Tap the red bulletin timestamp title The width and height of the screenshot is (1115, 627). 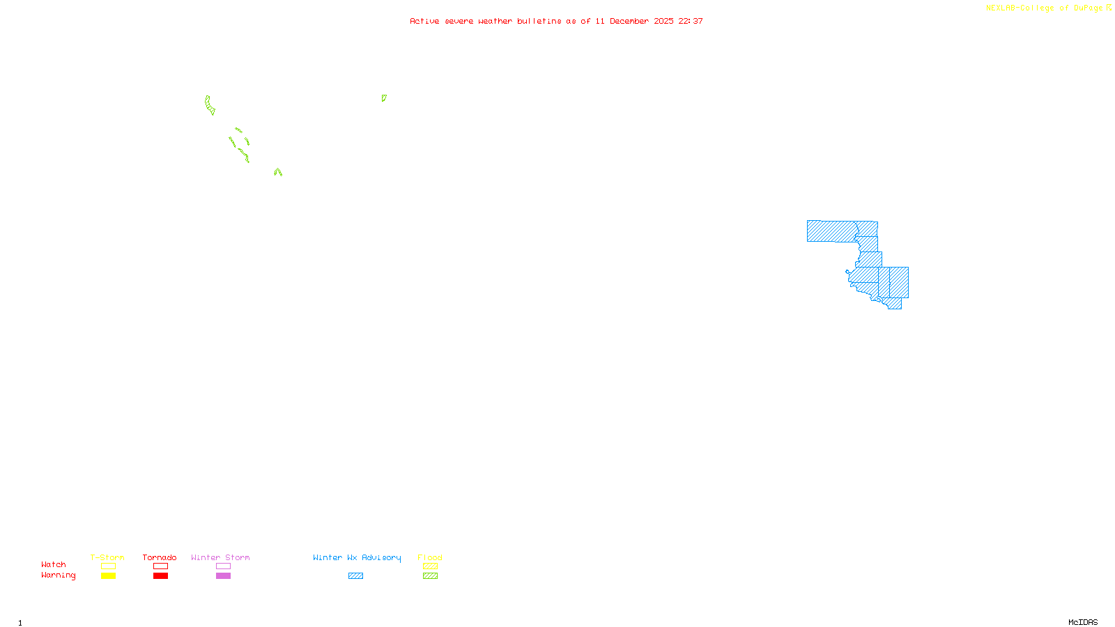[556, 21]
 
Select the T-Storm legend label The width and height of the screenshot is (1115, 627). [107, 557]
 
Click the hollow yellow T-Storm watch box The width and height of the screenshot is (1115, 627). [108, 566]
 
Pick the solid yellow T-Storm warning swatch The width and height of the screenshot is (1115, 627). [108, 576]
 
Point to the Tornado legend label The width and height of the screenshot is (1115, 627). [160, 557]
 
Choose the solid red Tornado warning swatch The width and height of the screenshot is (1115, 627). [161, 576]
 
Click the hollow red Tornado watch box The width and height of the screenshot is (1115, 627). [161, 566]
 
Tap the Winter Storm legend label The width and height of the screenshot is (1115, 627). [220, 557]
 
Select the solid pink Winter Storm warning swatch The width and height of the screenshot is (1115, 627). [223, 576]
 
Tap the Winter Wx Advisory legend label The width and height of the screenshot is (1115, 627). [357, 557]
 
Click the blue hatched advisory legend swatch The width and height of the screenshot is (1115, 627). [355, 576]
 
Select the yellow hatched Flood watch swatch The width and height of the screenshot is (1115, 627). [431, 566]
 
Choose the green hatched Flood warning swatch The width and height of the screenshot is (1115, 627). [431, 576]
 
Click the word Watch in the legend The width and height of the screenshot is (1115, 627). [54, 564]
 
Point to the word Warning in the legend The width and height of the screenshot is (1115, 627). [59, 575]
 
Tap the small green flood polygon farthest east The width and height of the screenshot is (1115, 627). [383, 98]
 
